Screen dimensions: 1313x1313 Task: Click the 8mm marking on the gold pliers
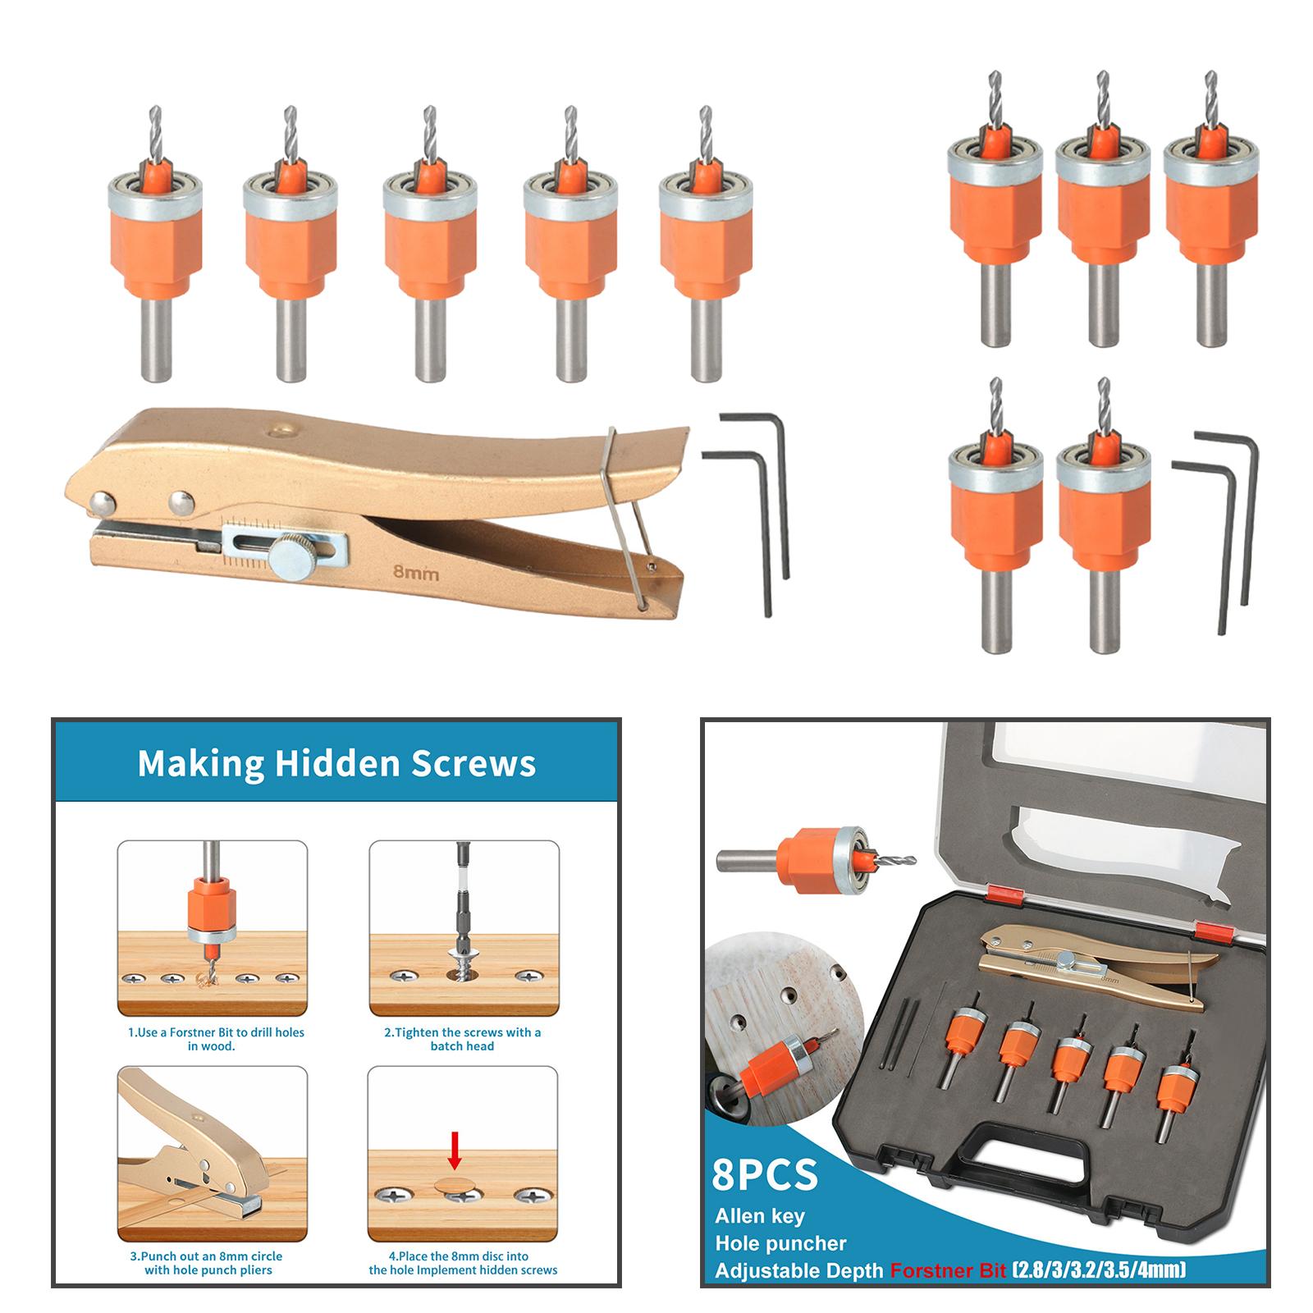click(416, 573)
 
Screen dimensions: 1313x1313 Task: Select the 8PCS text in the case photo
click(766, 1174)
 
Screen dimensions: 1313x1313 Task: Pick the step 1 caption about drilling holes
click(216, 1039)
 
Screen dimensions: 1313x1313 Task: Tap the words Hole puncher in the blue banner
click(780, 1243)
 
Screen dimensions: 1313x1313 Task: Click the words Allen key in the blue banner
click(760, 1216)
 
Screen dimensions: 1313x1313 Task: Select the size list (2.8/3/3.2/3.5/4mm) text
click(1099, 1271)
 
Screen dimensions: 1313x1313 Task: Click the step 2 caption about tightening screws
click(462, 1039)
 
